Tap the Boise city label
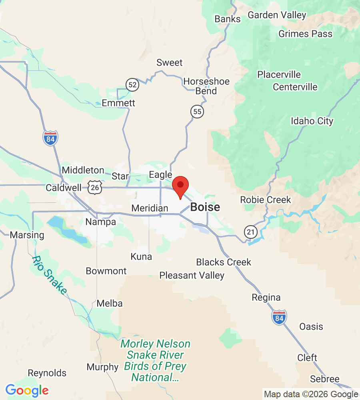(x=205, y=207)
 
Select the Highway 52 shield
(x=132, y=84)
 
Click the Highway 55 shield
(x=197, y=112)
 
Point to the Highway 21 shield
(x=250, y=231)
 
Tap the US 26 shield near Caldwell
(x=95, y=187)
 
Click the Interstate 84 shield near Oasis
(x=279, y=317)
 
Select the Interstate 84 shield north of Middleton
(x=50, y=138)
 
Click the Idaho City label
(x=312, y=121)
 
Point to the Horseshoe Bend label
(x=206, y=86)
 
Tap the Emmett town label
(x=118, y=103)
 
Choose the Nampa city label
(x=101, y=222)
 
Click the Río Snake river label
(x=49, y=275)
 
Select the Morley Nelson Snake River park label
(x=155, y=360)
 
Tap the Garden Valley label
(x=277, y=15)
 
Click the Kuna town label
(x=141, y=256)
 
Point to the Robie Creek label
(x=266, y=200)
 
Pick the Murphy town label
(x=103, y=367)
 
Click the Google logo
(x=27, y=390)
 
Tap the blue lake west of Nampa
(x=68, y=231)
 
